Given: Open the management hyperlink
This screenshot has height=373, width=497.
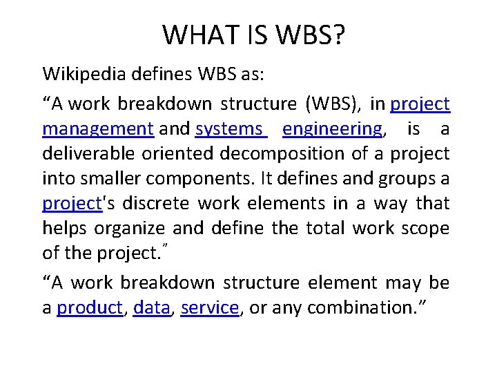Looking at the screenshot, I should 97,129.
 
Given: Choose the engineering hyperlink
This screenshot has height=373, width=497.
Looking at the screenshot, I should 332,129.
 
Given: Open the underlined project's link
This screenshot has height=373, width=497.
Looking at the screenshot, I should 72,204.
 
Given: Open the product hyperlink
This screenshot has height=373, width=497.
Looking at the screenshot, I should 90,308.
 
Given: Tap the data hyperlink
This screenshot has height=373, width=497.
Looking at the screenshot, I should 151,308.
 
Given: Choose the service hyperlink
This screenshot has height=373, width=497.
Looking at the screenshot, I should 209,308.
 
